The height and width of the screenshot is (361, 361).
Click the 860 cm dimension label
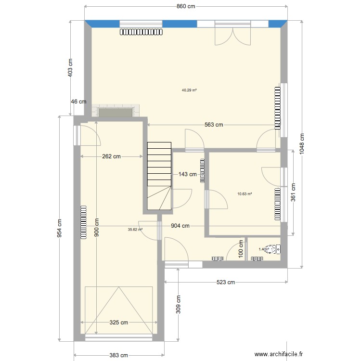click(x=185, y=7)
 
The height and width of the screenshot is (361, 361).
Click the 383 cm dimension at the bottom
click(x=118, y=355)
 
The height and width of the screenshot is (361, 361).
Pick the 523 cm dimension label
click(x=225, y=282)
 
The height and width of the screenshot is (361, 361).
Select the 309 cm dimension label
click(x=178, y=303)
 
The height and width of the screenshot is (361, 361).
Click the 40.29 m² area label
click(x=189, y=90)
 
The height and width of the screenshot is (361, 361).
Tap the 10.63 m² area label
click(x=245, y=194)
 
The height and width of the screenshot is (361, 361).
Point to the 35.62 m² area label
click(x=135, y=230)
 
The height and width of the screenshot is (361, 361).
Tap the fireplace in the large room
click(x=116, y=111)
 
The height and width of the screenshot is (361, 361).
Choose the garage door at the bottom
click(x=118, y=310)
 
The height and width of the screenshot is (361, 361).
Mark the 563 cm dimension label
click(x=214, y=125)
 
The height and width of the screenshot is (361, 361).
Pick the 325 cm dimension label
click(x=118, y=322)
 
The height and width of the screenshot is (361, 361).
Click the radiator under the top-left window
click(x=141, y=32)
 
